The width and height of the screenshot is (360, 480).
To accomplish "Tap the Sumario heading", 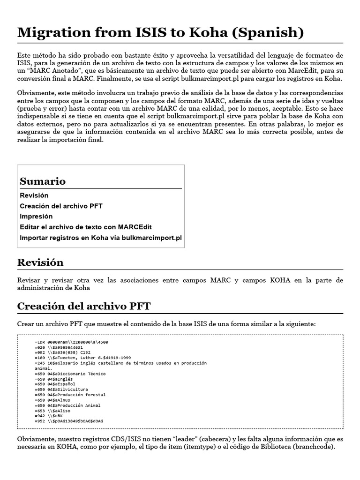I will point(43,181).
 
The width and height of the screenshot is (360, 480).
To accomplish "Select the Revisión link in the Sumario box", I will point(34,195).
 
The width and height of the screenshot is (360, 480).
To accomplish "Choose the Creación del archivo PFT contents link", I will point(61,206).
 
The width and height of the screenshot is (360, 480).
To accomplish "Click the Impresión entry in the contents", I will point(36,217).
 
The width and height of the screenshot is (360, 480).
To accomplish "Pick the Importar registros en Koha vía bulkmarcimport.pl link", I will point(100,238).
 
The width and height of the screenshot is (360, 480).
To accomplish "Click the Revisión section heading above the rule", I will point(40,262).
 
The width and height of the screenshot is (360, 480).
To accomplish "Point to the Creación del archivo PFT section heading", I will point(84,306).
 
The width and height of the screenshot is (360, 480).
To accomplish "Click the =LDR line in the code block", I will point(68,343).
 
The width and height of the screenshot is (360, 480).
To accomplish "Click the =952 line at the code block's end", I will point(69,421).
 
